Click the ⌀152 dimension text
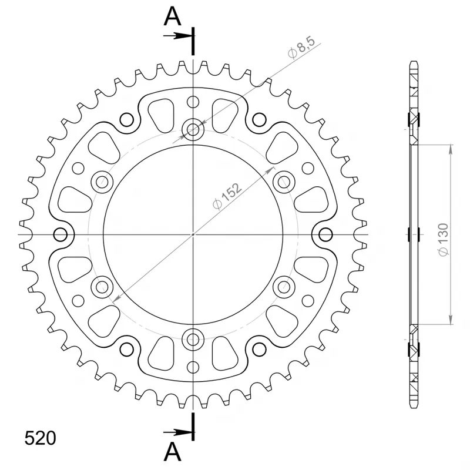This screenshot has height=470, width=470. pyautogui.click(x=227, y=196)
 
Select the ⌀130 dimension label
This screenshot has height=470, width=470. pyautogui.click(x=444, y=240)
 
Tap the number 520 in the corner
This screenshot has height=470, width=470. pyautogui.click(x=40, y=438)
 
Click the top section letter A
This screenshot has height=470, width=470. pyautogui.click(x=172, y=16)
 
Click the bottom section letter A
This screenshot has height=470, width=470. pyautogui.click(x=172, y=452)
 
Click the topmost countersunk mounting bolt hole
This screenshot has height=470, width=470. pyautogui.click(x=193, y=130)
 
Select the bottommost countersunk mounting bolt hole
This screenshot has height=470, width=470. pyautogui.click(x=193, y=340)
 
